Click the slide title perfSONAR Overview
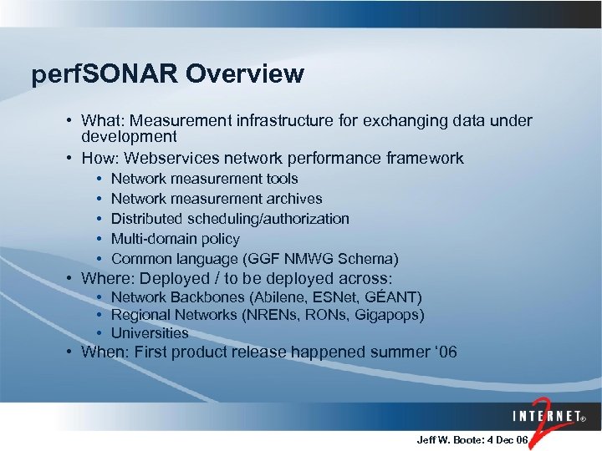pyautogui.click(x=167, y=74)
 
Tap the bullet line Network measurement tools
pyautogui.click(x=204, y=179)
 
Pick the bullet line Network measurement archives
pyautogui.click(x=217, y=199)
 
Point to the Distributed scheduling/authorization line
pyautogui.click(x=230, y=219)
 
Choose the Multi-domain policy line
pyautogui.click(x=175, y=239)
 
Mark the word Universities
pyautogui.click(x=150, y=333)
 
